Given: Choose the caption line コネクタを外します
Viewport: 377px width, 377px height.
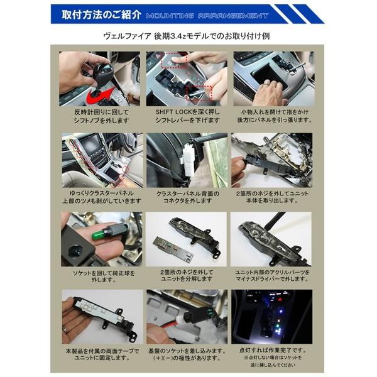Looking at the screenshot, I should [187, 201].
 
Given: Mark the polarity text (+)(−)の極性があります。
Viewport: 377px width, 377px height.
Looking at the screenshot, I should [187, 358].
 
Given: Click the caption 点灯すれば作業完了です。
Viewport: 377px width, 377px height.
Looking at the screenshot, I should [274, 349].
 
